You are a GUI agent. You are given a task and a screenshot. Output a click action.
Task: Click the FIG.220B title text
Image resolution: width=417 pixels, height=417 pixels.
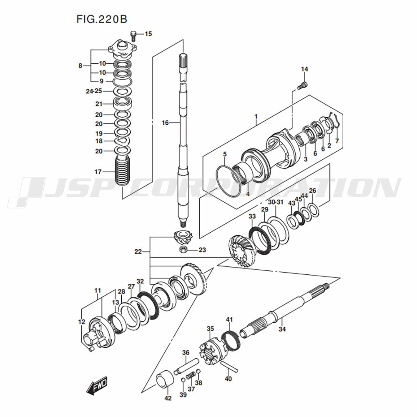(x=102, y=19)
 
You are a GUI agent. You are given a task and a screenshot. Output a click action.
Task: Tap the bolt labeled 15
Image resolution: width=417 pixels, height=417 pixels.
(x=133, y=35)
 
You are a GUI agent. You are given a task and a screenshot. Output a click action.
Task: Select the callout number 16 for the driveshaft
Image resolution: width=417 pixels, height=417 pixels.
(x=165, y=123)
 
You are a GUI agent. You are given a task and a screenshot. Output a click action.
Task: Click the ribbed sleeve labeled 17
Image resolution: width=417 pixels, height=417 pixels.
(x=123, y=171)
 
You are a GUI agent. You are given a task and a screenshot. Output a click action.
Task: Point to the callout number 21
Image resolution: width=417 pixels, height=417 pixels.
(x=99, y=104)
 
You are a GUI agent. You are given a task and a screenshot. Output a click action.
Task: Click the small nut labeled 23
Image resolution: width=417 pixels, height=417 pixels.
(x=183, y=249)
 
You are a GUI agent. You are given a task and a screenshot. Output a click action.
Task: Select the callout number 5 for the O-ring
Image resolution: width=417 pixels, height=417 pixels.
(x=225, y=154)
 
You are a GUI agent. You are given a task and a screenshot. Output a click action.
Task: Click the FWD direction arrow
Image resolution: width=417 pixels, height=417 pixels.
(x=97, y=385)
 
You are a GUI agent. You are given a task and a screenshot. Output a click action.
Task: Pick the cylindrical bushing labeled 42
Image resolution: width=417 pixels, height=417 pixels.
(x=164, y=380)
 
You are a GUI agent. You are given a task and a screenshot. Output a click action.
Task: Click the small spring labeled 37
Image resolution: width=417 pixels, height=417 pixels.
(x=191, y=376)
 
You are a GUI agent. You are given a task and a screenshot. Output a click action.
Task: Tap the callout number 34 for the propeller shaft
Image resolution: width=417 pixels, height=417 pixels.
(x=282, y=329)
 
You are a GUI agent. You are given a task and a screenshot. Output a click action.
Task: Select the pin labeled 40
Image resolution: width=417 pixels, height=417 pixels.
(x=229, y=367)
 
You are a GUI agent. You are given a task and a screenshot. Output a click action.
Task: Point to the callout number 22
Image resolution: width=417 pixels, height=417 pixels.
(x=138, y=251)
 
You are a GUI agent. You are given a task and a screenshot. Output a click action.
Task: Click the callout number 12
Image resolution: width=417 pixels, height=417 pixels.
(x=82, y=322)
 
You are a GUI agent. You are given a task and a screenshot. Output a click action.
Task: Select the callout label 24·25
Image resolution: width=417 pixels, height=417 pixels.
(x=94, y=91)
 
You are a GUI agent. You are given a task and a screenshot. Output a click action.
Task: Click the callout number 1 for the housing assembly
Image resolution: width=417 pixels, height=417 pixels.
(x=256, y=116)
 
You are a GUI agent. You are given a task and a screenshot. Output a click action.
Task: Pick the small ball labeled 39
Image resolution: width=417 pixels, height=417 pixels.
(x=183, y=379)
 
